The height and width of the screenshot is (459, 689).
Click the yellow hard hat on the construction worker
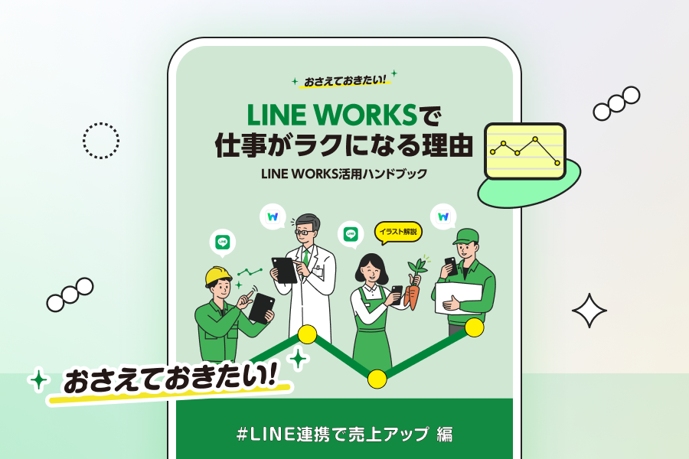click(x=217, y=275)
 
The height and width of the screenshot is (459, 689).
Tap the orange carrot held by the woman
click(x=413, y=295)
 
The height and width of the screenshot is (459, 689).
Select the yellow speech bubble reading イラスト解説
click(x=398, y=231)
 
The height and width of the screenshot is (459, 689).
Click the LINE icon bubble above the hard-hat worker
click(x=223, y=243)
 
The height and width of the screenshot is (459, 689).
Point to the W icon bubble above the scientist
click(x=273, y=216)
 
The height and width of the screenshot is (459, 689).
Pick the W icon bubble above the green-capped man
click(x=443, y=216)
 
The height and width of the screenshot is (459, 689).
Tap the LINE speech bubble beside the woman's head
click(x=351, y=234)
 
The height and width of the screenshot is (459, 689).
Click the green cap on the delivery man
click(x=465, y=236)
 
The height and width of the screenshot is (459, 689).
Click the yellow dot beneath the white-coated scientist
click(x=307, y=334)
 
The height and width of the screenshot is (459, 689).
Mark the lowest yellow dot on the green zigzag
click(x=377, y=379)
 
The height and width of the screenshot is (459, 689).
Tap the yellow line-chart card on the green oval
click(x=525, y=151)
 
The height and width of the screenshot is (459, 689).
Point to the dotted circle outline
click(x=101, y=141)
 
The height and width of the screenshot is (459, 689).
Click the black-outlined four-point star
click(x=589, y=311)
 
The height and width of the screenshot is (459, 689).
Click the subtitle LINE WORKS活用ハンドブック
click(x=344, y=174)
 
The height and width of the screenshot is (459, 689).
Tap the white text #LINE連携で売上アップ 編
click(x=344, y=435)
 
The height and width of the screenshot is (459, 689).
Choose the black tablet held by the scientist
click(x=285, y=269)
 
